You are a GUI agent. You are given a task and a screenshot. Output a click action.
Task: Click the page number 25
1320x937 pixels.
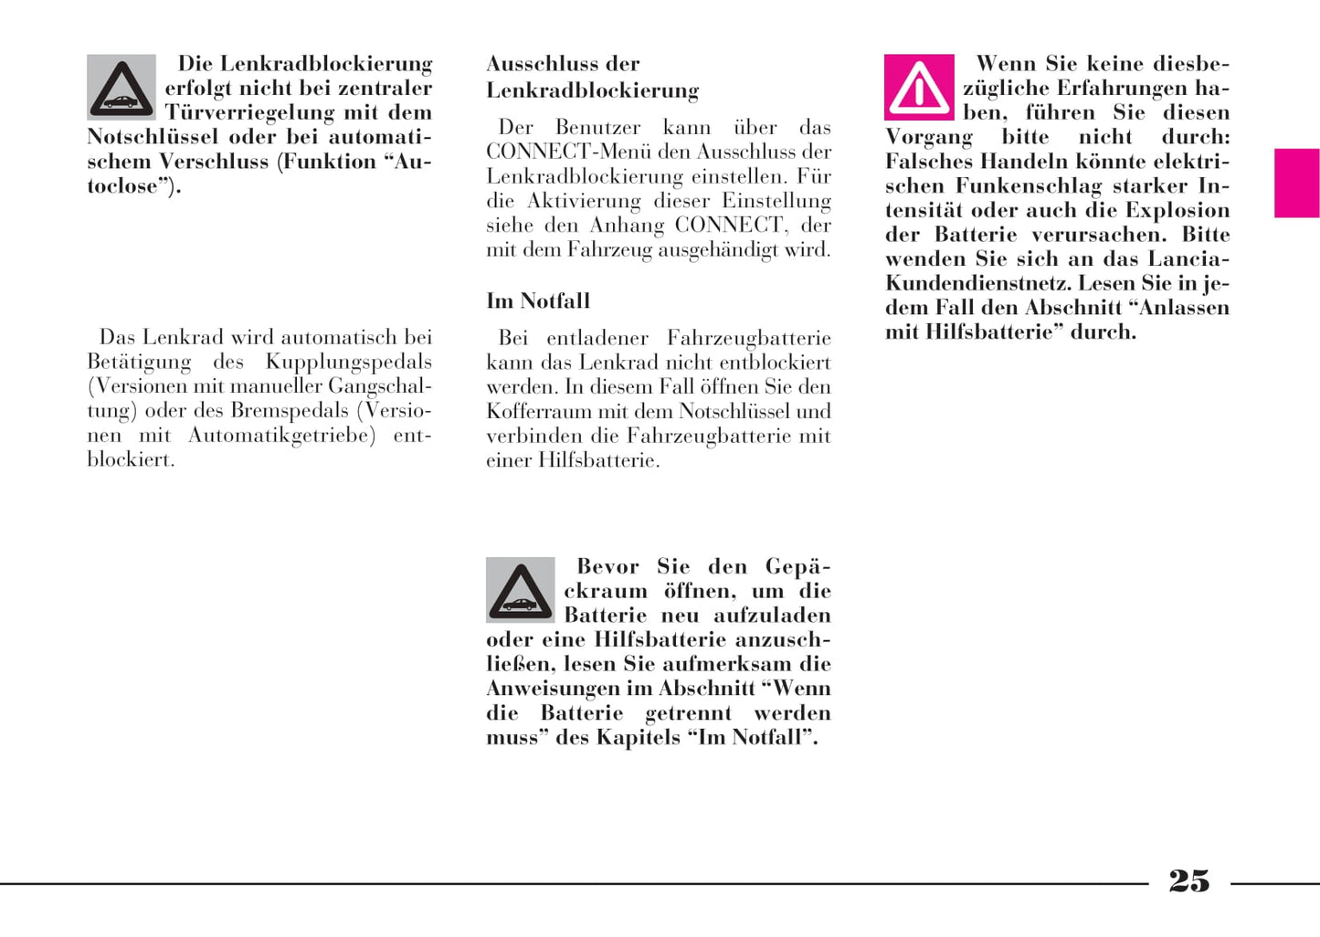coord(1188,881)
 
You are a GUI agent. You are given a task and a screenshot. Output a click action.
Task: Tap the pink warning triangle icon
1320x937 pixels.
coord(919,88)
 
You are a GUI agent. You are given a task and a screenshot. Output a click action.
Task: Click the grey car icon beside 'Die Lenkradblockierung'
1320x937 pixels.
coord(121,88)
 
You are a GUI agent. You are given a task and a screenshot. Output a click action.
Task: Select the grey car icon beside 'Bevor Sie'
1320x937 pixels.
coord(521,590)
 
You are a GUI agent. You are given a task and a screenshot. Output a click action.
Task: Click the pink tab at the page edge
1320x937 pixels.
coord(1296,183)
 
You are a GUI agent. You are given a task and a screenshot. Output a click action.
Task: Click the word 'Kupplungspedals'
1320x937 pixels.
coord(348,362)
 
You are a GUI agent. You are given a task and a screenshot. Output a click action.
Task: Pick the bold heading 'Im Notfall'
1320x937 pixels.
coord(538,300)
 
